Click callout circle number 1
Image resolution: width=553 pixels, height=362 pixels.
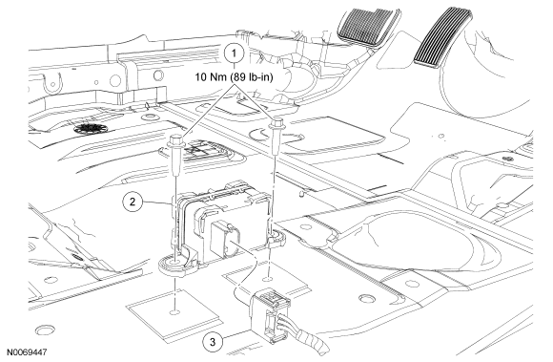click(234, 53)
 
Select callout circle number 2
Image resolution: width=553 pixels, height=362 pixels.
click(133, 202)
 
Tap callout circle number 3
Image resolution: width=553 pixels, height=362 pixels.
click(213, 342)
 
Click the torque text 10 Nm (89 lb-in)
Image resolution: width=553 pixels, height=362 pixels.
click(235, 77)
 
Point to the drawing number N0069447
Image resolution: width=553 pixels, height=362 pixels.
click(27, 352)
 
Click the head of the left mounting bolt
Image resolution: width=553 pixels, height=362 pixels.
click(175, 139)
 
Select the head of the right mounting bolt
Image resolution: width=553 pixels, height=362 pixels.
click(276, 123)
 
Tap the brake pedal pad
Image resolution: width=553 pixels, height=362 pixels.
click(367, 24)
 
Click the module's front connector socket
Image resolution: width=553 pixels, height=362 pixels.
click(225, 240)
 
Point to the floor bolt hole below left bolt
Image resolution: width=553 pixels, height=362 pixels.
click(174, 311)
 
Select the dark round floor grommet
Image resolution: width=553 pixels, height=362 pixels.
click(87, 128)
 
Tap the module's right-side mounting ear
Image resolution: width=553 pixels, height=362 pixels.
click(276, 237)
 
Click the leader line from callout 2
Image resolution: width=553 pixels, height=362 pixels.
click(158, 202)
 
